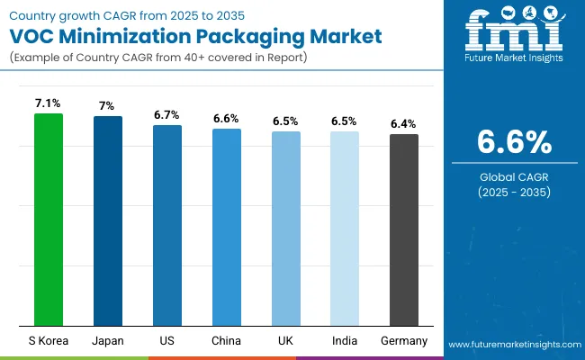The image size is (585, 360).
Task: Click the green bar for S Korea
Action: coord(49,220)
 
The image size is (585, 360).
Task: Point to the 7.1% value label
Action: coord(49,103)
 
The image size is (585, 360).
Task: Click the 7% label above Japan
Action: coord(108,106)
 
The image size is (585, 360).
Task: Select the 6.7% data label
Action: coord(167,115)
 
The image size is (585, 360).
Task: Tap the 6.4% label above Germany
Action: coord(403,124)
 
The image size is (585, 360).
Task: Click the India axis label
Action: coord(344,341)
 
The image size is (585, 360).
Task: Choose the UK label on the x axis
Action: coord(285,341)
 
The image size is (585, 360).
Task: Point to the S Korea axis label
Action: coord(49,341)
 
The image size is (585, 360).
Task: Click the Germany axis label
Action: coord(403,341)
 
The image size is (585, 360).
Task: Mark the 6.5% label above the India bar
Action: coord(344,121)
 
